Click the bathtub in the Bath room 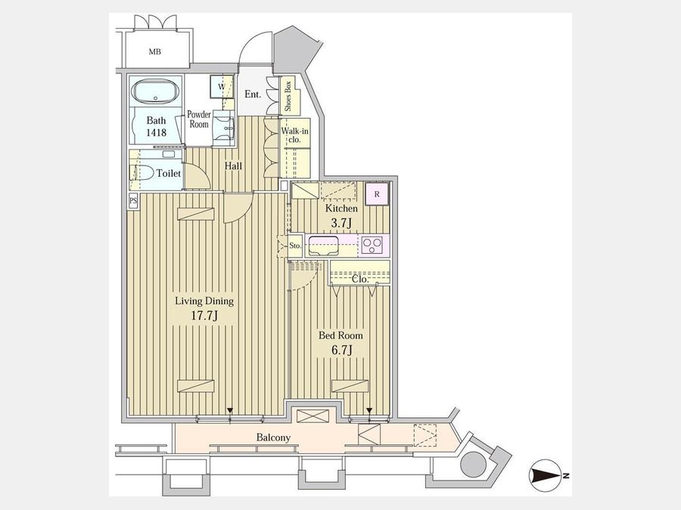click(x=155, y=91)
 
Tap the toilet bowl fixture click(x=143, y=172)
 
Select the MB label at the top click(x=155, y=51)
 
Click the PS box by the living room click(x=133, y=201)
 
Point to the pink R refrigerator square click(x=377, y=194)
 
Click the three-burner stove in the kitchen click(x=372, y=246)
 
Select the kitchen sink click(x=323, y=246)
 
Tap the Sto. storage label click(x=295, y=246)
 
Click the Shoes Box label click(x=288, y=96)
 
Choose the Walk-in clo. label click(x=294, y=135)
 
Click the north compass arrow click(x=546, y=476)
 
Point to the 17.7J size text click(x=204, y=315)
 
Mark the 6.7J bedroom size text click(x=341, y=350)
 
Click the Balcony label click(x=273, y=437)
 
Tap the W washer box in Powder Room click(x=222, y=86)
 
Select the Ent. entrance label click(x=253, y=94)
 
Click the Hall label click(x=233, y=165)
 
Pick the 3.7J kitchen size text click(x=341, y=223)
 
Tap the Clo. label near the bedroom click(x=360, y=279)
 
